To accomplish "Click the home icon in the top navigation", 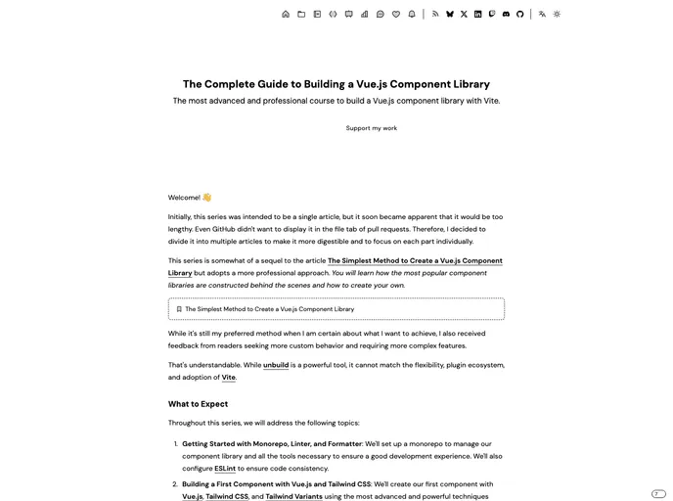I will click(x=286, y=15).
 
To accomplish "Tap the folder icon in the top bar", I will click(x=301, y=15).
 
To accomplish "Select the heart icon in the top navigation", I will click(x=396, y=15).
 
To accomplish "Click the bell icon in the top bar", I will click(x=412, y=15).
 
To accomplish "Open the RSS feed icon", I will click(x=436, y=15).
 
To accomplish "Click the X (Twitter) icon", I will click(x=464, y=15).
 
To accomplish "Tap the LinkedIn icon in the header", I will click(x=478, y=15).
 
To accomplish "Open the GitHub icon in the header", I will click(x=520, y=15).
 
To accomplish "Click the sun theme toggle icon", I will click(x=557, y=15).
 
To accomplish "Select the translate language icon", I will click(x=543, y=15).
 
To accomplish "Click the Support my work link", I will click(x=372, y=128).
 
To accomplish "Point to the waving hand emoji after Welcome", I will click(x=207, y=198).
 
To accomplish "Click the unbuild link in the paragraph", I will click(x=276, y=365).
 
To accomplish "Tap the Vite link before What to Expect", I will click(x=229, y=378).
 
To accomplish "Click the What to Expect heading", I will click(x=198, y=404).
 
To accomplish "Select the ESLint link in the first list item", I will click(x=225, y=469).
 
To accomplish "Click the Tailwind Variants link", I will click(x=294, y=496).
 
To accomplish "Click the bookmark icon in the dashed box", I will click(x=179, y=309).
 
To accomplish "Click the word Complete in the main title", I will click(x=231, y=84).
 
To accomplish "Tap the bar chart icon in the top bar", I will click(x=365, y=15).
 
